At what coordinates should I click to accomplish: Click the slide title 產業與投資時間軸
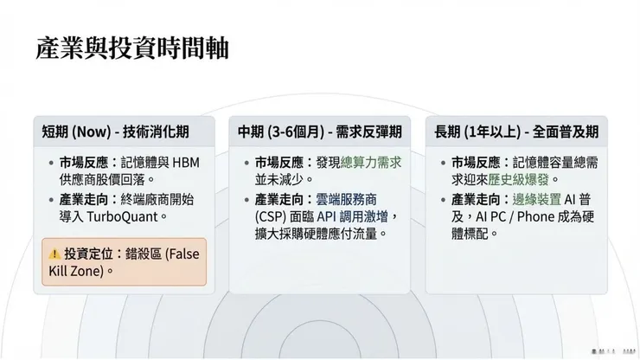[x=132, y=48]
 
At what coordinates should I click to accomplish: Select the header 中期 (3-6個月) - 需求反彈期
[x=320, y=132]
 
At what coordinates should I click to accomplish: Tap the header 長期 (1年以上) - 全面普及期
[x=516, y=132]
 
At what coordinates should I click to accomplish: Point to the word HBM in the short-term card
[x=186, y=162]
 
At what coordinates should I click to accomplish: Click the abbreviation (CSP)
[x=272, y=215]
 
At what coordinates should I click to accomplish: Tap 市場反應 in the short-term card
[x=84, y=162]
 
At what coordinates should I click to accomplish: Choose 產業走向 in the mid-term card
[x=279, y=197]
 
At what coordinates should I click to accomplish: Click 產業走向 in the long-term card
[x=475, y=198]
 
